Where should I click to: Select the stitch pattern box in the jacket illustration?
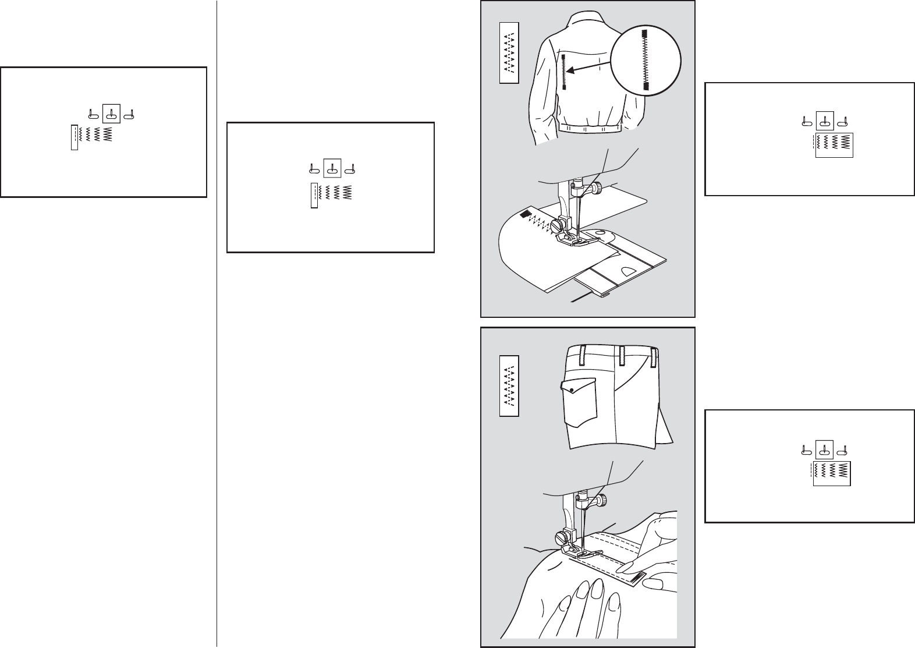pyautogui.click(x=509, y=53)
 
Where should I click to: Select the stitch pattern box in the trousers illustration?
pyautogui.click(x=509, y=386)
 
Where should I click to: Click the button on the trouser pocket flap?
pyautogui.click(x=572, y=389)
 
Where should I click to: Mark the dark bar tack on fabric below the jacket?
pyautogui.click(x=524, y=215)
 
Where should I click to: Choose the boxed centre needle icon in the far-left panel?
pyautogui.click(x=111, y=114)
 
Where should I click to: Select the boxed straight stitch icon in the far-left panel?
pyautogui.click(x=74, y=137)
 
